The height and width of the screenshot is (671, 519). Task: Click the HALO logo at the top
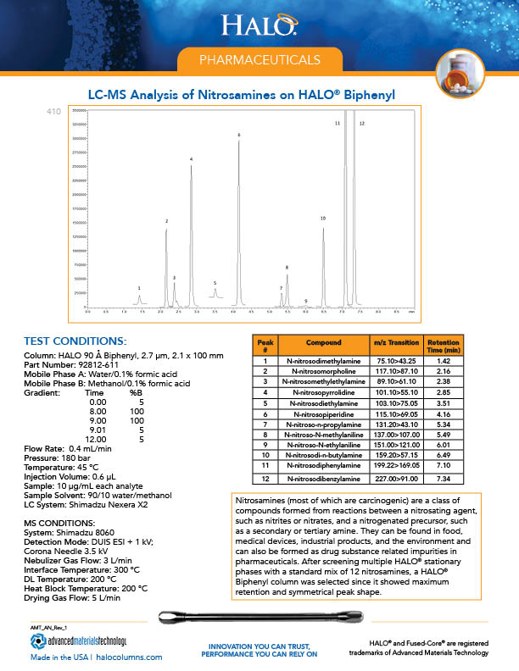(x=258, y=25)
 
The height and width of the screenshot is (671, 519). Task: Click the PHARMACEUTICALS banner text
(x=259, y=60)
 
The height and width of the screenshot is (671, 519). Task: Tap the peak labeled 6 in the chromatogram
(x=239, y=136)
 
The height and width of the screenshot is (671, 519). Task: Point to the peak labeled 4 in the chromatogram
(x=191, y=160)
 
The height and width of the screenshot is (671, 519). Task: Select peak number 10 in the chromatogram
(x=323, y=219)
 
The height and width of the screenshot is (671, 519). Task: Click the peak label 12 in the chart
(x=361, y=124)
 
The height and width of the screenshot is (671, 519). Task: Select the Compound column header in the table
(x=322, y=345)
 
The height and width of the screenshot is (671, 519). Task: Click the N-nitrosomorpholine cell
(x=322, y=370)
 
